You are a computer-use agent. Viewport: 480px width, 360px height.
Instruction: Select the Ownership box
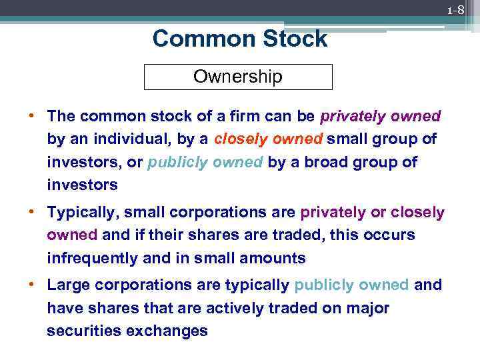(238, 77)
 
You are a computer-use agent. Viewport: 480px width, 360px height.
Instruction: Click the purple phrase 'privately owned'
(380, 116)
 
